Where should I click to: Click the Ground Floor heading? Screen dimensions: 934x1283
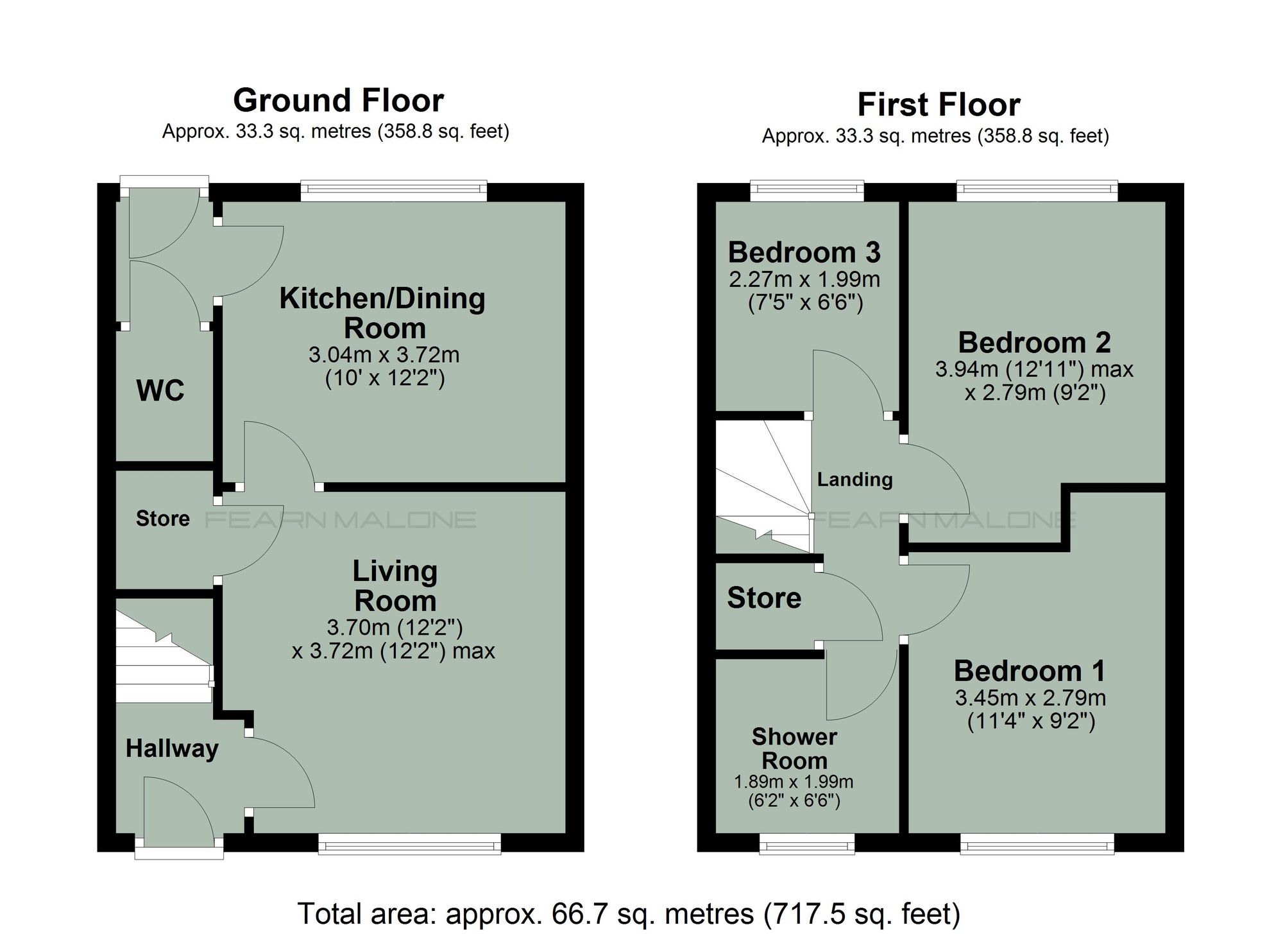pyautogui.click(x=338, y=101)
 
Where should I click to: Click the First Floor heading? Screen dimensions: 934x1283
pyautogui.click(x=939, y=105)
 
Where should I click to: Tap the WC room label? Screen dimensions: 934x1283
pyautogui.click(x=160, y=390)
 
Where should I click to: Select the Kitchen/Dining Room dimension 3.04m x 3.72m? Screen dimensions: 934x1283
pyautogui.click(x=384, y=355)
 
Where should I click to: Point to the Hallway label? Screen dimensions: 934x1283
pyautogui.click(x=172, y=748)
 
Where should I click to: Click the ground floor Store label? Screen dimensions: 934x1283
pyautogui.click(x=163, y=519)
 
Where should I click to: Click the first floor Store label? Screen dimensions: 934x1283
pyautogui.click(x=764, y=598)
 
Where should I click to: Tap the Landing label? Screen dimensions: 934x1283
pyautogui.click(x=854, y=480)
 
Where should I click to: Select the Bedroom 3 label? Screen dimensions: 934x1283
pyautogui.click(x=804, y=252)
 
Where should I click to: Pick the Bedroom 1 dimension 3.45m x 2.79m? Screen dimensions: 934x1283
pyautogui.click(x=1030, y=698)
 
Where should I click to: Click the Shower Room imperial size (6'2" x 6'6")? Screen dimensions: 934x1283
pyautogui.click(x=794, y=801)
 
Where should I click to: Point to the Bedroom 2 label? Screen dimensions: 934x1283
pyautogui.click(x=1034, y=343)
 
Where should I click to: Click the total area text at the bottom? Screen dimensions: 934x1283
pyautogui.click(x=629, y=913)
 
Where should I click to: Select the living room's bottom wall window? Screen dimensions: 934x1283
pyautogui.click(x=409, y=844)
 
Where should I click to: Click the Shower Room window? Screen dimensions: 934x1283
pyautogui.click(x=807, y=844)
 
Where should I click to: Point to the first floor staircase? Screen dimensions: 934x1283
pyautogui.click(x=763, y=488)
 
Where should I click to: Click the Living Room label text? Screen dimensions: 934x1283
pyautogui.click(x=395, y=586)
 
